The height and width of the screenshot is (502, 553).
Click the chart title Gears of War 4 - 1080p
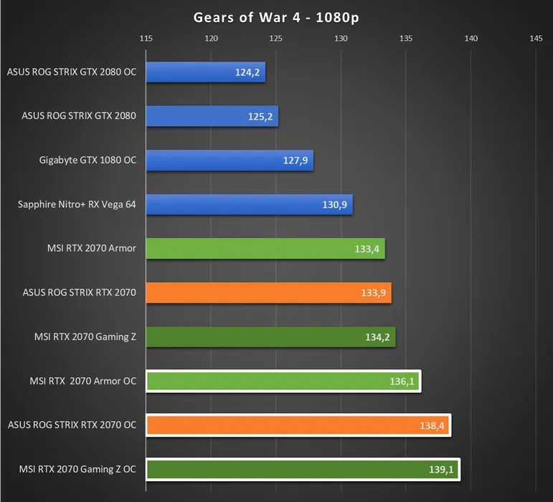point(276,17)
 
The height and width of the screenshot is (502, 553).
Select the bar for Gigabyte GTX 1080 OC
point(230,161)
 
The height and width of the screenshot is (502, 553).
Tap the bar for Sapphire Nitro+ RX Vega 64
point(249,205)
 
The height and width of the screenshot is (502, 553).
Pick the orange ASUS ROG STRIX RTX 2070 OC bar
point(298,425)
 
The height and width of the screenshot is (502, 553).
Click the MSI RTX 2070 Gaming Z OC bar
point(302,470)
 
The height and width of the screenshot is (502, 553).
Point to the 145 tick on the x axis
point(536,39)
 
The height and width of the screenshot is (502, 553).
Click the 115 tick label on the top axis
point(146,39)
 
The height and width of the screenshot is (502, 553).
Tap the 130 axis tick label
point(341,39)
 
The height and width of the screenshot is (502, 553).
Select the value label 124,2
point(248,72)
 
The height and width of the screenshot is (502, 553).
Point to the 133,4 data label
point(367,250)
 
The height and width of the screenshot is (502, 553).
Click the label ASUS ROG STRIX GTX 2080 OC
point(72,72)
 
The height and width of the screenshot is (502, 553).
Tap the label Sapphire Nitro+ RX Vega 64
point(77,204)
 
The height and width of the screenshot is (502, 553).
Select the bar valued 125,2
point(212,116)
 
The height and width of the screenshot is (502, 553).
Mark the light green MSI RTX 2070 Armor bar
point(265,249)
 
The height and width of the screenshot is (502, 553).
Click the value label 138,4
point(432,426)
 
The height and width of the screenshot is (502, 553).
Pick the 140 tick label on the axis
point(471,39)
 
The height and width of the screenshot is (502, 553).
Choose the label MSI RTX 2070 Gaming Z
point(85,337)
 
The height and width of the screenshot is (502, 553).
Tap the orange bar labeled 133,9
point(268,293)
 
